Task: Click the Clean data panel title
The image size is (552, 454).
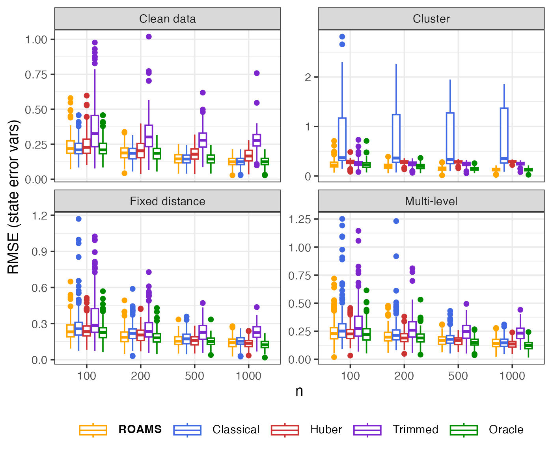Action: pyautogui.click(x=167, y=19)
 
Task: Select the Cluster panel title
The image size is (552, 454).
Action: pyautogui.click(x=431, y=19)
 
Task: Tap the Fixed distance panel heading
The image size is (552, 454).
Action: pyautogui.click(x=167, y=201)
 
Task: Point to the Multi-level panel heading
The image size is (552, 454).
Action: pyautogui.click(x=431, y=201)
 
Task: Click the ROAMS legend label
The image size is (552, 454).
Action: pyautogui.click(x=140, y=429)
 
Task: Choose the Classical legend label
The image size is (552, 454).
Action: pyautogui.click(x=236, y=429)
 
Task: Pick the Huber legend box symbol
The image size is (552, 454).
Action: pyautogui.click(x=285, y=430)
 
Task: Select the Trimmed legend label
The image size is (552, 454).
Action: pyautogui.click(x=415, y=429)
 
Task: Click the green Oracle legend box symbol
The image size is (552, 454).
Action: pyautogui.click(x=464, y=430)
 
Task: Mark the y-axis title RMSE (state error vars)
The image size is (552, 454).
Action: pyautogui.click(x=13, y=197)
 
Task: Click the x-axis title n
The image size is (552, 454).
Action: pyautogui.click(x=299, y=391)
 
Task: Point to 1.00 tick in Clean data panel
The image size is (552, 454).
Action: pyautogui.click(x=36, y=39)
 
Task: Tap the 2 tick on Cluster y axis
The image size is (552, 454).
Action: pyautogui.click(x=308, y=77)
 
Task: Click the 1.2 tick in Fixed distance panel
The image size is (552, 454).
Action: pyautogui.click(x=39, y=216)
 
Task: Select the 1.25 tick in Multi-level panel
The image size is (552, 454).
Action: pyautogui.click(x=300, y=219)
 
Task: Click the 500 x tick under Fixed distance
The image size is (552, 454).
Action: pyautogui.click(x=194, y=376)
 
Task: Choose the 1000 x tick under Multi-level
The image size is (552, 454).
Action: pyautogui.click(x=512, y=376)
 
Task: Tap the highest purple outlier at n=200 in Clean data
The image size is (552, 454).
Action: pyautogui.click(x=149, y=37)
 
